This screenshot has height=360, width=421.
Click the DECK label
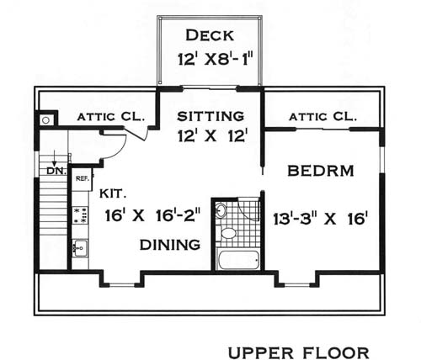click(x=210, y=35)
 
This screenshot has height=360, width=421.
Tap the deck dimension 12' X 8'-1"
click(x=216, y=59)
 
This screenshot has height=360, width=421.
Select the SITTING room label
click(x=210, y=116)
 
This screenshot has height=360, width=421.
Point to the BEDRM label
click(x=321, y=171)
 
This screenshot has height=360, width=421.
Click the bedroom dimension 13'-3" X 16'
click(x=321, y=219)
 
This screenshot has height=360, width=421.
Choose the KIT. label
click(x=113, y=193)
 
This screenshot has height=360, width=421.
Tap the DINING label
click(x=170, y=245)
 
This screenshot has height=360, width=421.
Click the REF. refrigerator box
click(x=83, y=179)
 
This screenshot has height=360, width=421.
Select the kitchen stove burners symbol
click(x=81, y=215)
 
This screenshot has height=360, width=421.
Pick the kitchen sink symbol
click(x=81, y=248)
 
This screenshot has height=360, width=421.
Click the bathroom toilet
click(x=228, y=233)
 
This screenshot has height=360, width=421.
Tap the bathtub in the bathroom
click(x=238, y=259)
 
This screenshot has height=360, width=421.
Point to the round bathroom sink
click(x=221, y=209)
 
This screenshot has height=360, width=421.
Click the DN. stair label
click(x=56, y=171)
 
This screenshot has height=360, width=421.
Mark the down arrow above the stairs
click(x=55, y=158)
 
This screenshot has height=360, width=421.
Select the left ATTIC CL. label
click(x=111, y=117)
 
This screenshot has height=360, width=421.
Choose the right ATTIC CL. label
click(x=322, y=117)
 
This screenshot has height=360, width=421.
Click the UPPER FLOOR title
click(x=299, y=352)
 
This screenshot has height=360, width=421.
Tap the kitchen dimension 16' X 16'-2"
click(x=153, y=215)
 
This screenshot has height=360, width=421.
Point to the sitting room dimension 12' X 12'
click(x=212, y=136)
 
